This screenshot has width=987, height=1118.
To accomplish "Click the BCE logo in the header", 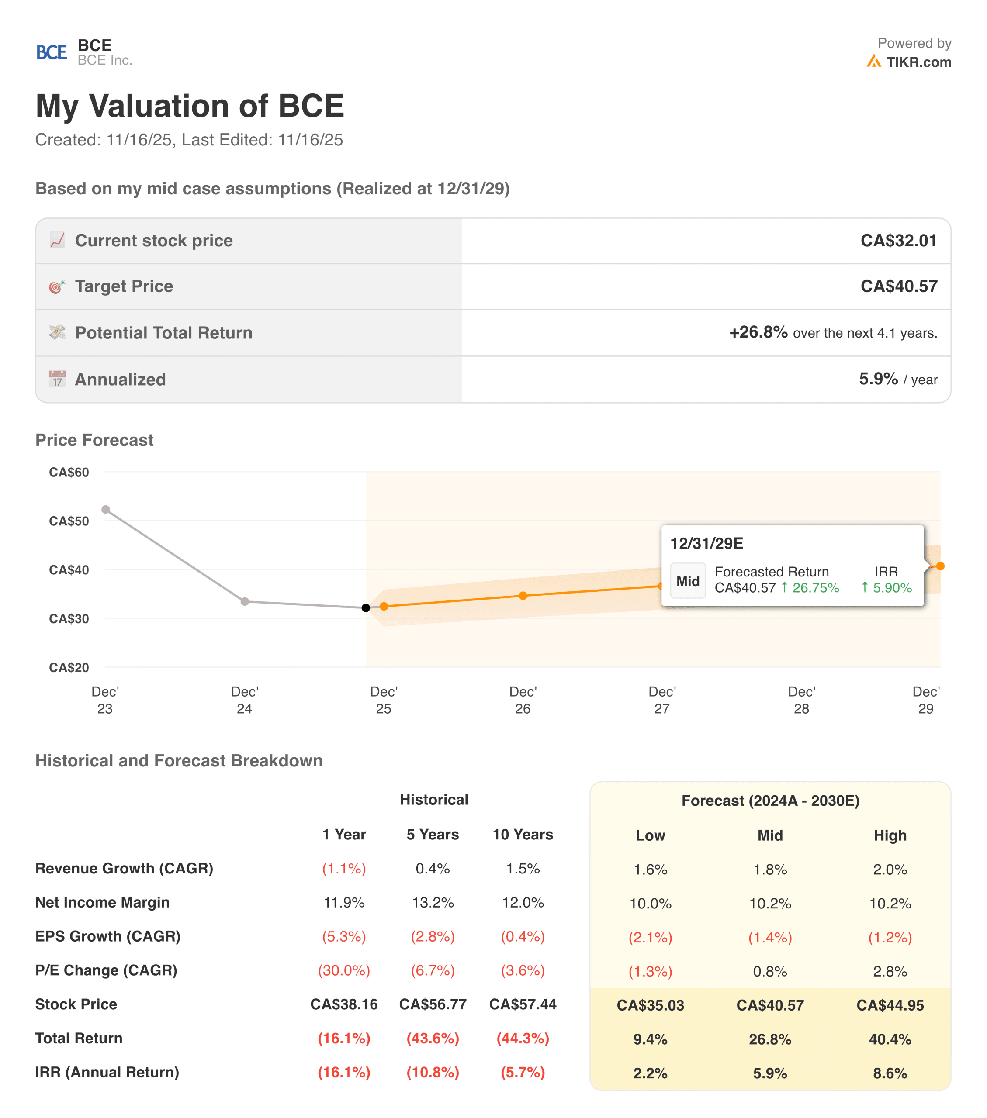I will click(x=52, y=52).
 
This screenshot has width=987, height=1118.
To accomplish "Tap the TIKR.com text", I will click(x=918, y=62).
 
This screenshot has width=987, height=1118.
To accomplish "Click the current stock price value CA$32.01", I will click(x=898, y=241).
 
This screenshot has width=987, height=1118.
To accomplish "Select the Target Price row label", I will click(x=124, y=286).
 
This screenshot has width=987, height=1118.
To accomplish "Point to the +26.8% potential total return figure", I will click(x=758, y=332).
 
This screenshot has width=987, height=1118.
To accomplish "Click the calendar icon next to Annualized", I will click(x=57, y=379).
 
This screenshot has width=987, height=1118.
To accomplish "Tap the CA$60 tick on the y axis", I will click(x=69, y=472).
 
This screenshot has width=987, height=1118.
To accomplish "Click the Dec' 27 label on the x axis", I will click(x=662, y=700).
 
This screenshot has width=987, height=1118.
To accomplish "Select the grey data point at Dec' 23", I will click(x=106, y=509).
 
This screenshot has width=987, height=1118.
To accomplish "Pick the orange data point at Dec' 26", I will click(x=523, y=596).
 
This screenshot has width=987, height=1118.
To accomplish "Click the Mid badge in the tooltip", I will click(x=688, y=581).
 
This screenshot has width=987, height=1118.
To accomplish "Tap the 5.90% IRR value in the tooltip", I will click(x=891, y=588).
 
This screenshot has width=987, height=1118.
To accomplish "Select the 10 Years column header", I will click(x=523, y=834).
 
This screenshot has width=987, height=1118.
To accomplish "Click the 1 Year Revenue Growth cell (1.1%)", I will click(x=343, y=869).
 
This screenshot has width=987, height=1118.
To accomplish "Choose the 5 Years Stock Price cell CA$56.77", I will click(x=433, y=1004).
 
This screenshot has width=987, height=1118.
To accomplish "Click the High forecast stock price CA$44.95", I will click(x=890, y=1005).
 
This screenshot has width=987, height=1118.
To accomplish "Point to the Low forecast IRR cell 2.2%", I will click(x=650, y=1073).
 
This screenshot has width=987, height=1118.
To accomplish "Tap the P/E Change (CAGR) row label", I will click(x=106, y=970).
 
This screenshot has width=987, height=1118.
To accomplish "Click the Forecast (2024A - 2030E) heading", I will click(x=770, y=801).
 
